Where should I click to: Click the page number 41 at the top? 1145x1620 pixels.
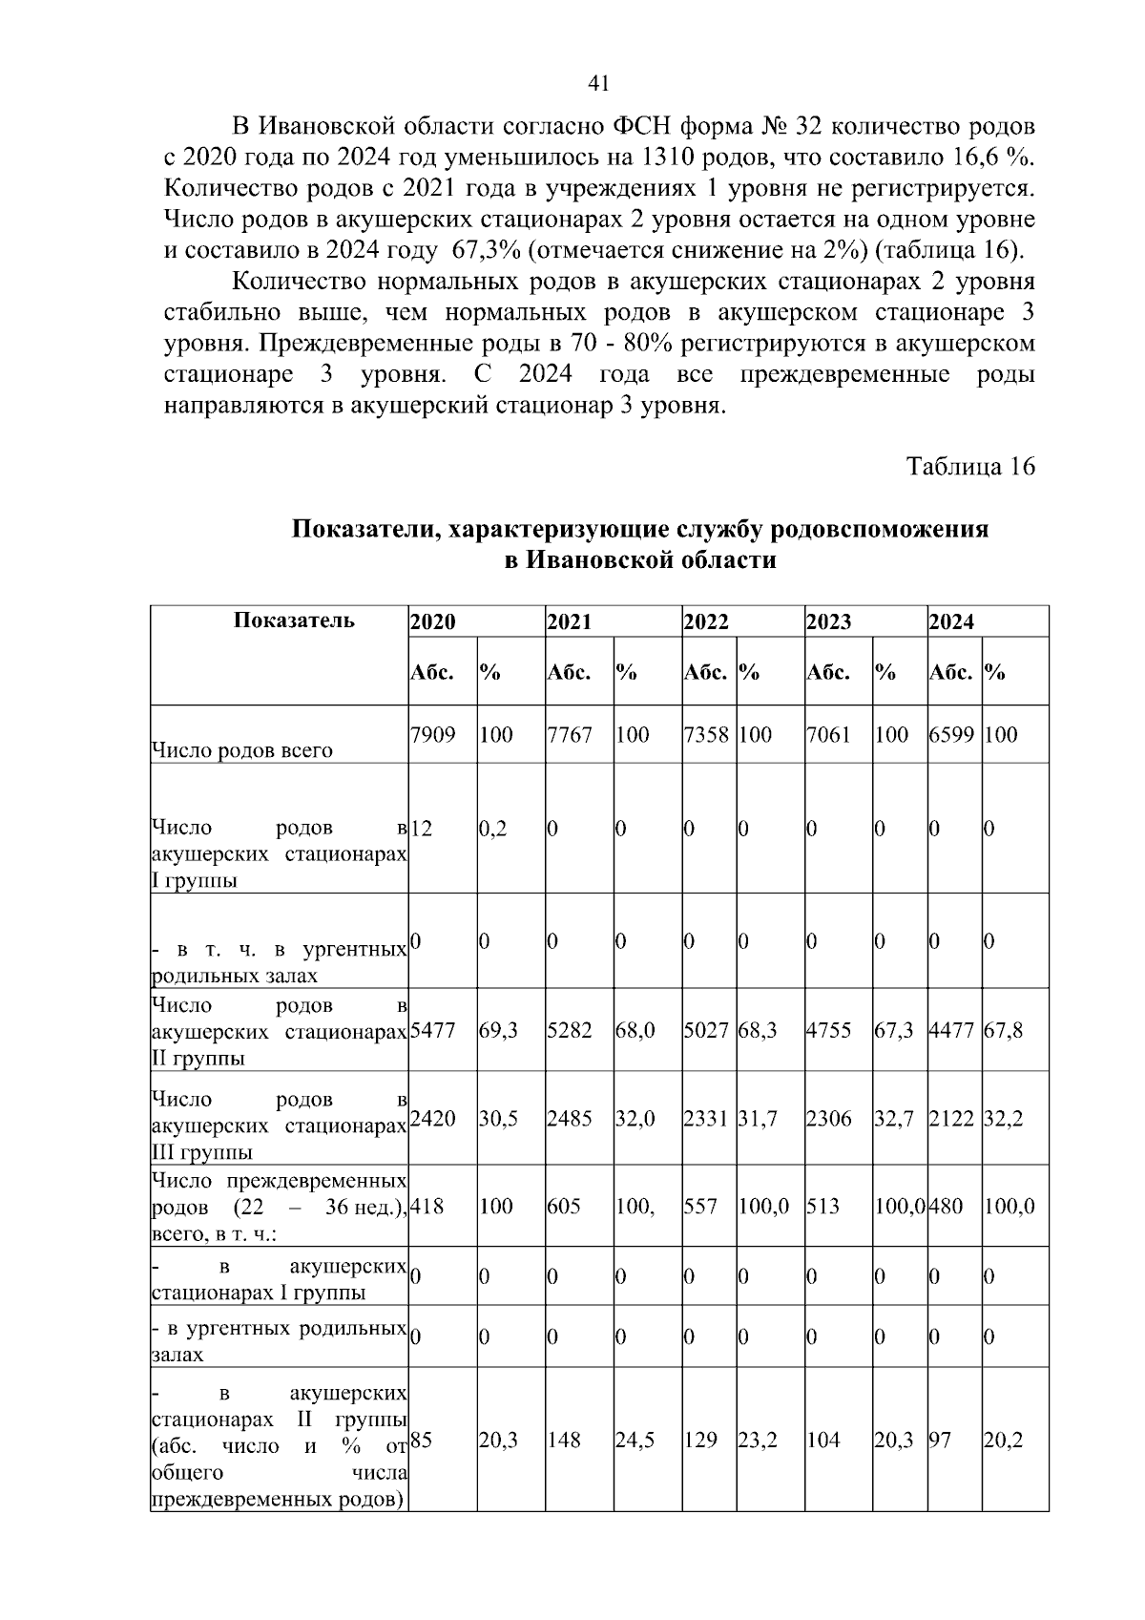click(598, 83)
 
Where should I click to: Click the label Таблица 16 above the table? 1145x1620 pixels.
click(970, 467)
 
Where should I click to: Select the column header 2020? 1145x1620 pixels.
click(432, 622)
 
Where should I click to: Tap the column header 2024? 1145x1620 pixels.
click(951, 622)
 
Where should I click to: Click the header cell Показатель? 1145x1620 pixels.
click(294, 621)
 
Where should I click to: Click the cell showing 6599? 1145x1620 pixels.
click(953, 735)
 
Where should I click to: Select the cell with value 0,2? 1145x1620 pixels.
click(493, 829)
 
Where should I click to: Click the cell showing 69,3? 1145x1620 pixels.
click(498, 1031)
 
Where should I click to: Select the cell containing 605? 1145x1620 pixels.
click(564, 1206)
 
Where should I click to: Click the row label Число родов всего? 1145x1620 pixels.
click(242, 750)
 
